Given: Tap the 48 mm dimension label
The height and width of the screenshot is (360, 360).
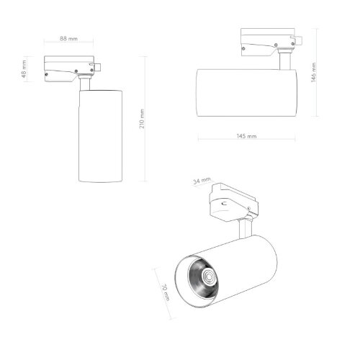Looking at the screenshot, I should [25, 71].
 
